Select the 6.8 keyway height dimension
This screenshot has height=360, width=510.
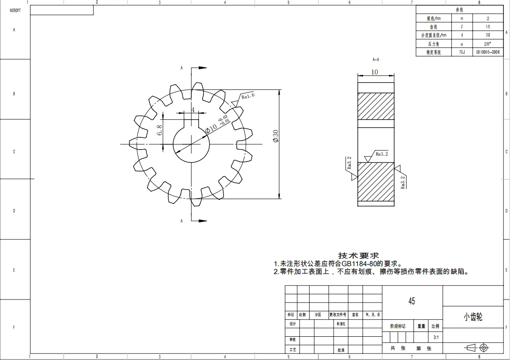point(159,130)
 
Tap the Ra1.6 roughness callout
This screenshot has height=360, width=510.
point(248,95)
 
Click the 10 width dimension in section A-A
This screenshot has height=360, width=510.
point(374,72)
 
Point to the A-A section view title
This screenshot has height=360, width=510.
point(375,59)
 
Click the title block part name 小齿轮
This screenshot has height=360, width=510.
point(473,317)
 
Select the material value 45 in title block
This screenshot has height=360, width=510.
point(411,301)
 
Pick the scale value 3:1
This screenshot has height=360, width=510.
point(436,338)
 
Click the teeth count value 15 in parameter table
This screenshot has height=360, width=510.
point(488,27)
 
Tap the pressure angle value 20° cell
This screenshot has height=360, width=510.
point(488,44)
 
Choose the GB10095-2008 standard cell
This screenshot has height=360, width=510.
point(488,52)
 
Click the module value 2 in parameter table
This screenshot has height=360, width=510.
point(488,18)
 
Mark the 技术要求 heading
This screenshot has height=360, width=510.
point(358,255)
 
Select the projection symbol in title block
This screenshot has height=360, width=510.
point(476,348)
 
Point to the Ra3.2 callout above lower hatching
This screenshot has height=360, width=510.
point(382,154)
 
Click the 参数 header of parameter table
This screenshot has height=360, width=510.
point(459,10)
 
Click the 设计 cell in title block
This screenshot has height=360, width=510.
point(292,324)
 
